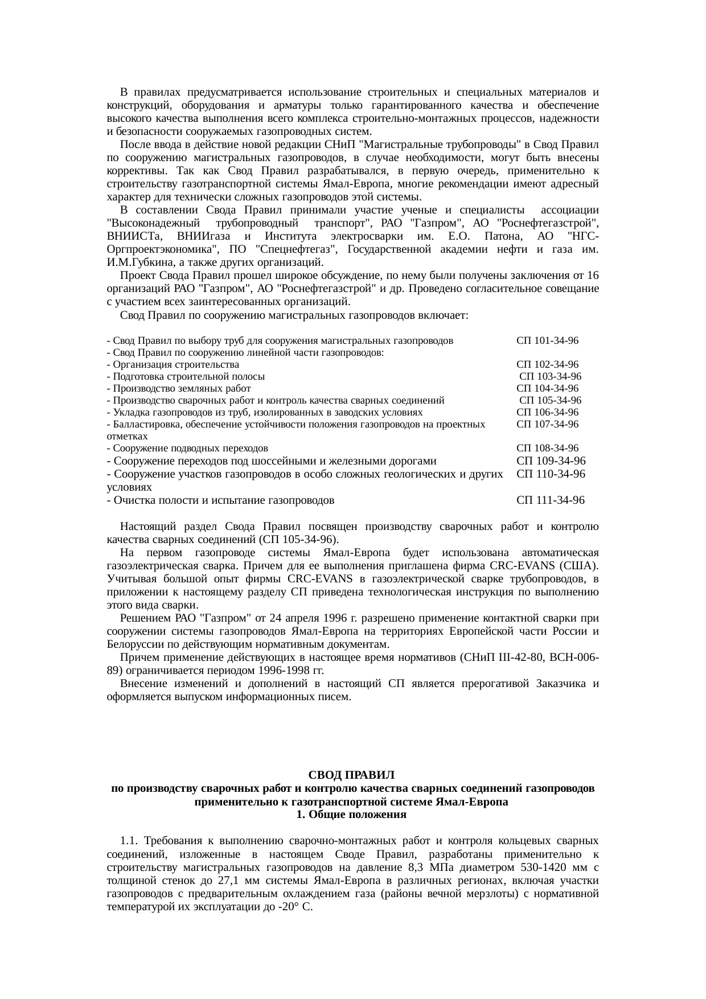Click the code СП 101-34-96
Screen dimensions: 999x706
point(547,341)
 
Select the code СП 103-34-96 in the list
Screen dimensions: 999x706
point(550,377)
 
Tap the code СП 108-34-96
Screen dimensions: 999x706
point(547,449)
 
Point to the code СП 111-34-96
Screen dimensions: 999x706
point(550,501)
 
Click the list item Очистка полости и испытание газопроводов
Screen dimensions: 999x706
point(224,501)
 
